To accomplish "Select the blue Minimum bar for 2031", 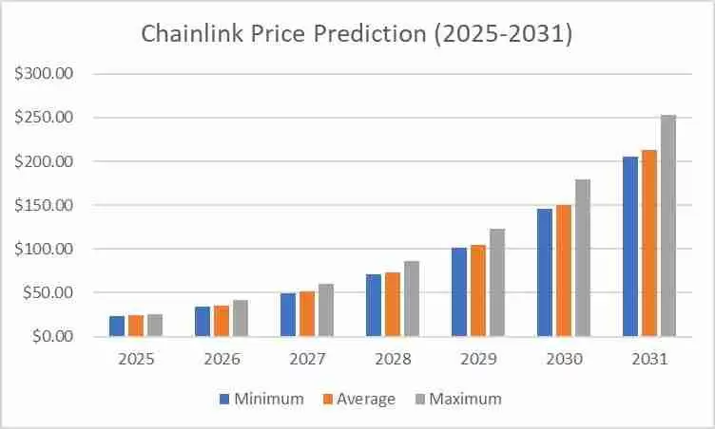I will click(630, 247).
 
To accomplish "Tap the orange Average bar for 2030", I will click(564, 270).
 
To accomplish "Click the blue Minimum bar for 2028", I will click(374, 306).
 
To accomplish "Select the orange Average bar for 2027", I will click(307, 314).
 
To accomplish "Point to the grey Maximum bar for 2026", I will click(241, 318).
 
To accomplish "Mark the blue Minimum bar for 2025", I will click(117, 326).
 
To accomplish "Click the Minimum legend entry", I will click(263, 399).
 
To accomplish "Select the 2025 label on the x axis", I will click(136, 361).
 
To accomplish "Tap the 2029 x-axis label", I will click(478, 361).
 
